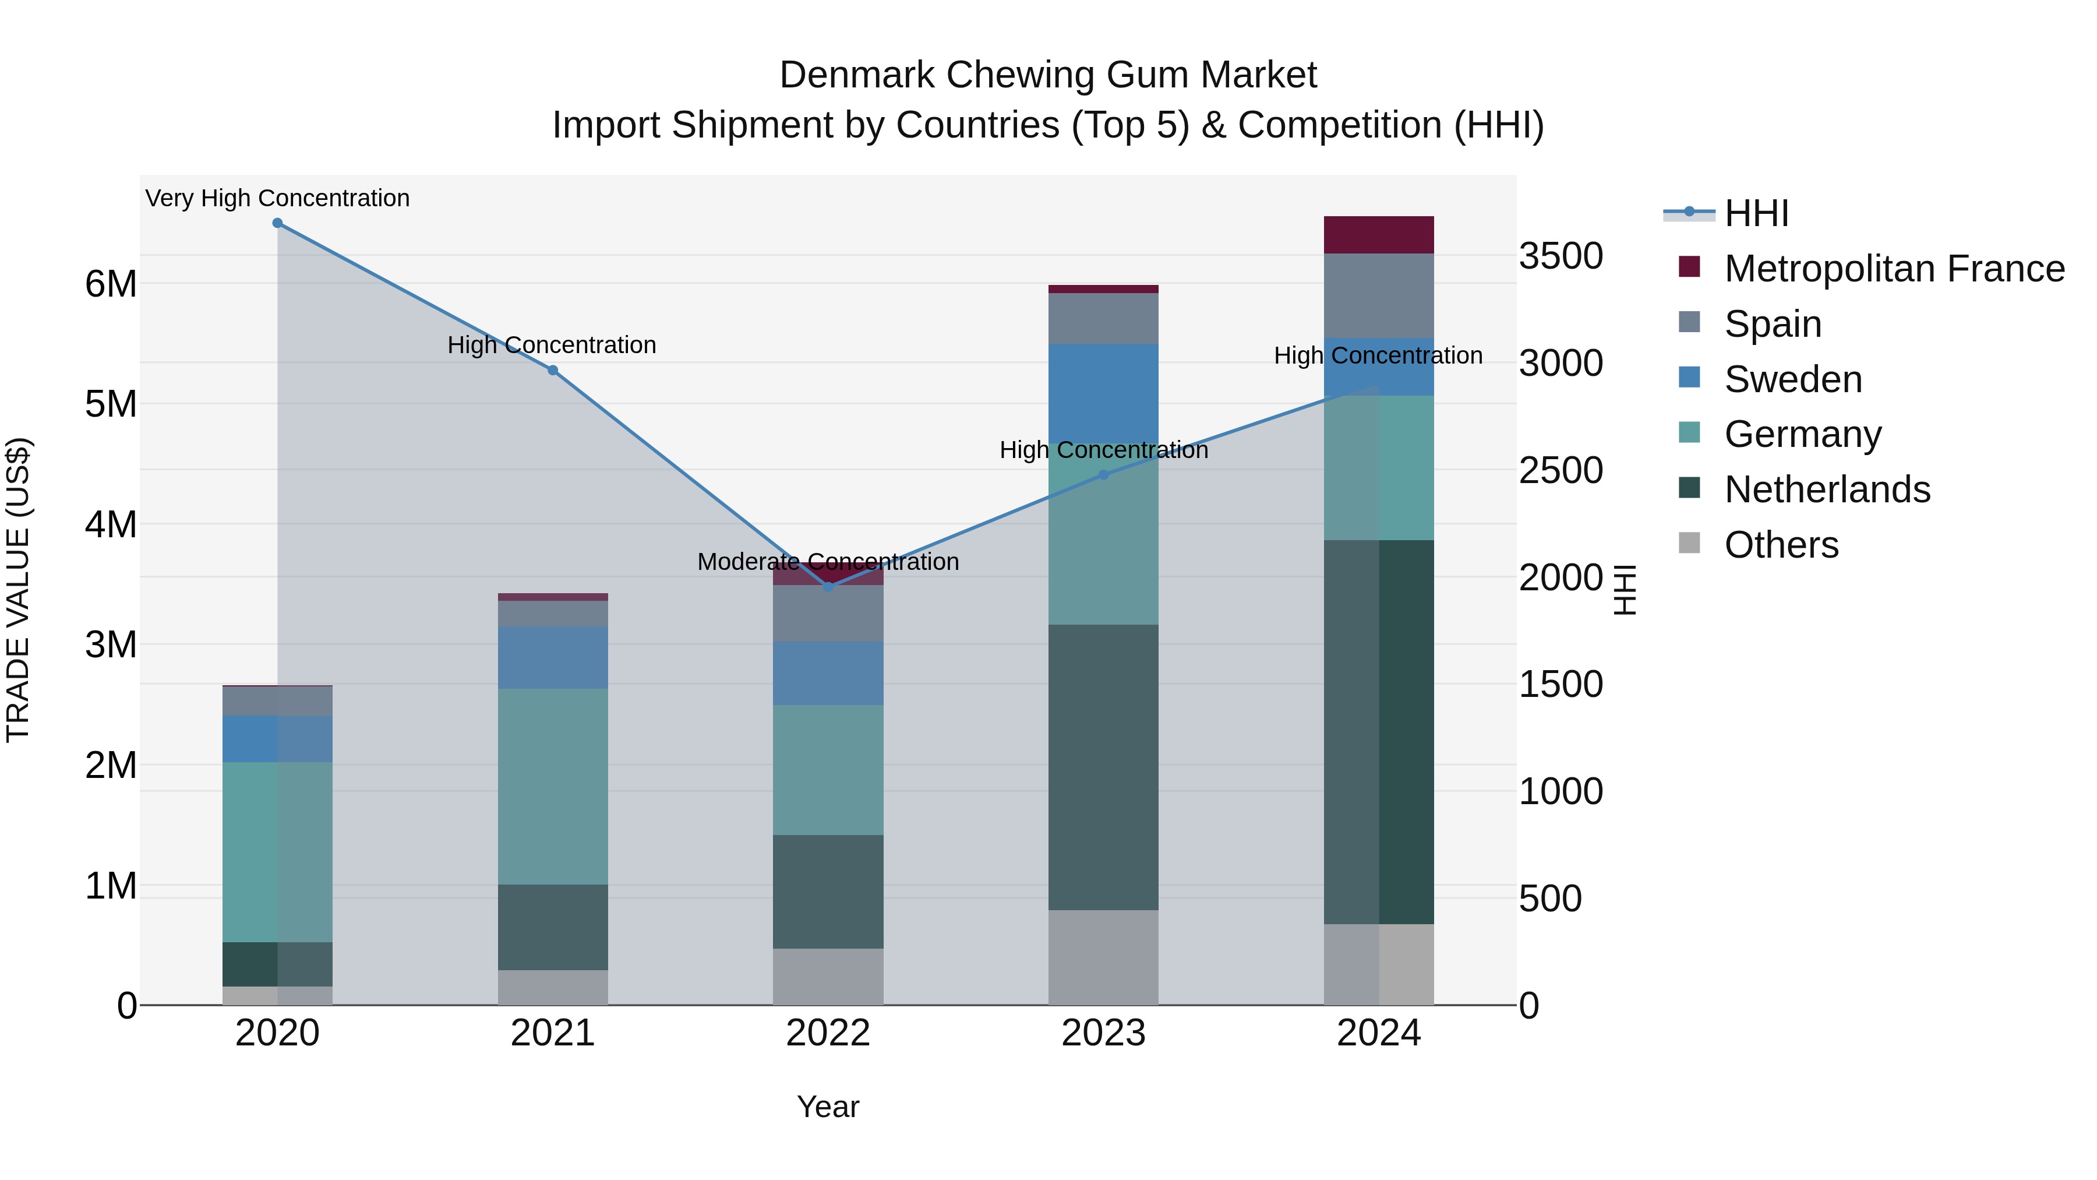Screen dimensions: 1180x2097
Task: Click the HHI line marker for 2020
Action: click(278, 223)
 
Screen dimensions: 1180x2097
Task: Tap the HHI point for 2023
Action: click(1104, 475)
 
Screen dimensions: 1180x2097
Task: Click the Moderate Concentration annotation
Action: click(828, 562)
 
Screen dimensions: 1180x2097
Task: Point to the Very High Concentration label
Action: click(278, 199)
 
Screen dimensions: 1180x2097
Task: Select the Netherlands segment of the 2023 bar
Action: click(1103, 767)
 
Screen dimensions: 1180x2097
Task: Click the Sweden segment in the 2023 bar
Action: click(1103, 394)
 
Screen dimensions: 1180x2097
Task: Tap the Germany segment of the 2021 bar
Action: click(553, 787)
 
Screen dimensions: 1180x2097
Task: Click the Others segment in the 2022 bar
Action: click(828, 977)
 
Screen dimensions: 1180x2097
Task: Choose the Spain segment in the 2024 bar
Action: click(1378, 295)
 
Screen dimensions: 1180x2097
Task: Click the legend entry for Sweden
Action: click(1792, 379)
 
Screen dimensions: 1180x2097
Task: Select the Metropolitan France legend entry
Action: click(1894, 269)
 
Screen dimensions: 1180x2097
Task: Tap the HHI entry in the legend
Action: click(1756, 213)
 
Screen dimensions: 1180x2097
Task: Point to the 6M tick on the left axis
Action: click(111, 284)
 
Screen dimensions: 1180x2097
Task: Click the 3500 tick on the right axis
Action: click(1561, 256)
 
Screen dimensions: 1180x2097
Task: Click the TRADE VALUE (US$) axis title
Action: click(19, 590)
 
